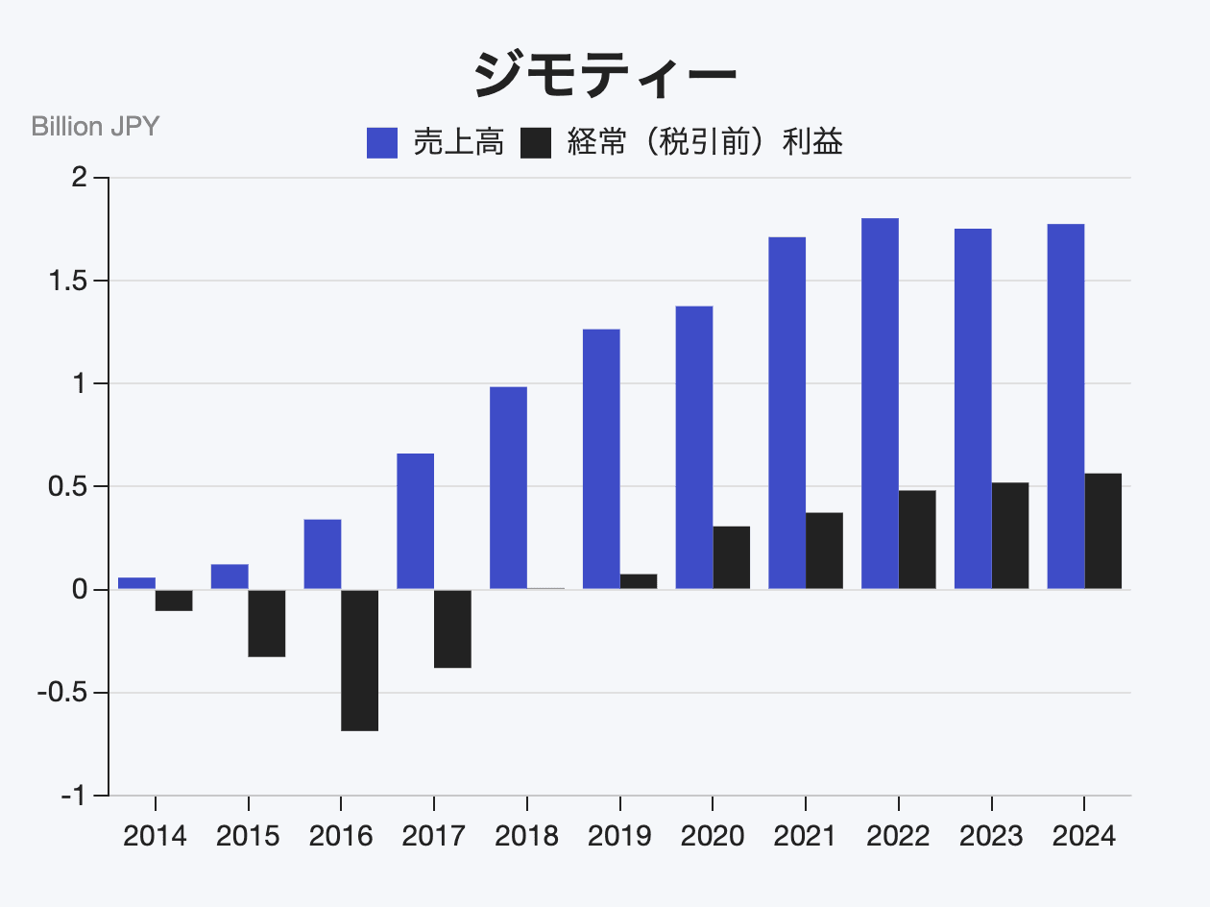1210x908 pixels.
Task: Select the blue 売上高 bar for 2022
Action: click(x=880, y=404)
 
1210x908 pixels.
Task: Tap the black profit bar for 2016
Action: click(x=360, y=660)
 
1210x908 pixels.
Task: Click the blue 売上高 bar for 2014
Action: click(x=136, y=583)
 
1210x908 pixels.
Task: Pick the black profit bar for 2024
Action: click(x=1103, y=531)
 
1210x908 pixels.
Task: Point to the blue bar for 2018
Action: click(x=508, y=488)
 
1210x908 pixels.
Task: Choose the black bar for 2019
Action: click(x=639, y=581)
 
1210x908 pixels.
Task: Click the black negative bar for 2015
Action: click(x=267, y=624)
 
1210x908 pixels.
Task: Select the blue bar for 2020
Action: click(x=694, y=448)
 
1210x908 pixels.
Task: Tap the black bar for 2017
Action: click(x=452, y=628)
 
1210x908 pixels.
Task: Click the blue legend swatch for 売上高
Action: click(x=382, y=144)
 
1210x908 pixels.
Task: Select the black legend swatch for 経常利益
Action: click(x=536, y=144)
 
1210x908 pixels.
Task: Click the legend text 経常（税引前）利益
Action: click(x=706, y=143)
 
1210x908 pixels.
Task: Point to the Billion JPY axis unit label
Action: click(x=95, y=126)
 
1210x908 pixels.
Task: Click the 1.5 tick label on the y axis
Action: click(x=67, y=281)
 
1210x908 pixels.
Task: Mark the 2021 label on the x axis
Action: click(x=805, y=836)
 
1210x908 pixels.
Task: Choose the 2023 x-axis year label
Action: click(x=991, y=836)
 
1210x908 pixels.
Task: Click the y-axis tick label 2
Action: click(x=80, y=178)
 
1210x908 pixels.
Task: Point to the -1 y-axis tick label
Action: click(x=74, y=797)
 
